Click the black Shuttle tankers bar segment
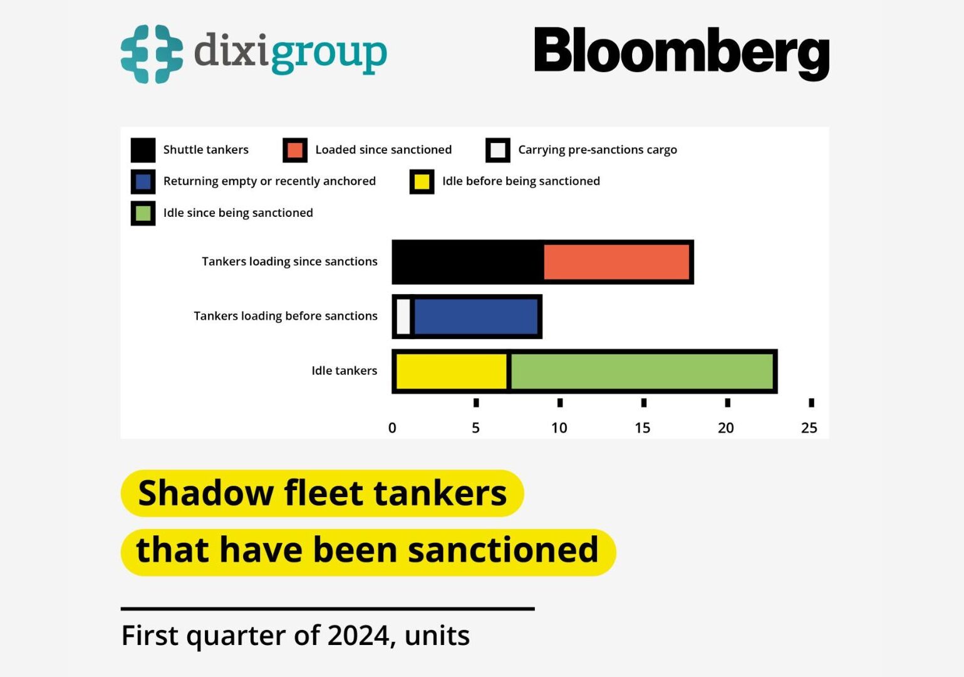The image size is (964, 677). (x=467, y=262)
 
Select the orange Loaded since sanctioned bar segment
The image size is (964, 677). (x=617, y=262)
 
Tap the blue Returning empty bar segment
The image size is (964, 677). (x=476, y=317)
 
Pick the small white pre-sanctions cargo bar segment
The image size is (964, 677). (x=403, y=317)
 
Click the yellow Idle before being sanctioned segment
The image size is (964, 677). (x=451, y=371)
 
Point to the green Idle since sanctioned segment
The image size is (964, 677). (x=642, y=371)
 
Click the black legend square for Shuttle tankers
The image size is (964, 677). (x=143, y=150)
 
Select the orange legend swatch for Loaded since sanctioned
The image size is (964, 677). (x=295, y=150)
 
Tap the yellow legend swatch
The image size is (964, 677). (x=422, y=182)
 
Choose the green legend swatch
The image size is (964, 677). (x=143, y=213)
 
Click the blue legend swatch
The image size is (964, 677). (x=143, y=182)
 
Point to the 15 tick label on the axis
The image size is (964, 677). (x=642, y=428)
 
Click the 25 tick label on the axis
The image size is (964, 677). (x=809, y=428)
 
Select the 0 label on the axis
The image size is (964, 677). (x=392, y=428)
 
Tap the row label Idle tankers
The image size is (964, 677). (x=344, y=371)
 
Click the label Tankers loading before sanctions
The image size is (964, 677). (x=285, y=316)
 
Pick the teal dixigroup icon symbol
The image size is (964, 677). (x=152, y=54)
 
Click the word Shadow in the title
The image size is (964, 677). (x=205, y=493)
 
